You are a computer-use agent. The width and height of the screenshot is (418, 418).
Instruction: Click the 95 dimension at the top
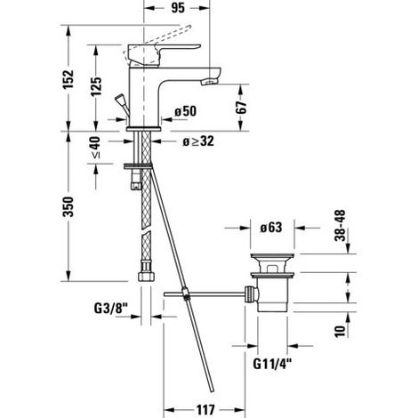(178, 8)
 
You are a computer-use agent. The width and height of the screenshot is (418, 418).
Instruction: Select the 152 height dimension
(68, 79)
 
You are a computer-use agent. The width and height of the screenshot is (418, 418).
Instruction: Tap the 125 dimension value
(96, 86)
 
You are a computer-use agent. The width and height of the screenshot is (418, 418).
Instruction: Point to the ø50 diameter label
(186, 111)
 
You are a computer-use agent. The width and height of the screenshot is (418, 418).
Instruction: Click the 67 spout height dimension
(242, 108)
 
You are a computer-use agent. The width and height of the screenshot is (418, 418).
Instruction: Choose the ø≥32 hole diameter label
(197, 141)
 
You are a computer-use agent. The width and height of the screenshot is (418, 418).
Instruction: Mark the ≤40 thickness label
(95, 148)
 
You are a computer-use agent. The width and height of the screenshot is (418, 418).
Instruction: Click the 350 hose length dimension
(68, 206)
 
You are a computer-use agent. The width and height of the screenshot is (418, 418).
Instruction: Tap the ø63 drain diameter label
(271, 228)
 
